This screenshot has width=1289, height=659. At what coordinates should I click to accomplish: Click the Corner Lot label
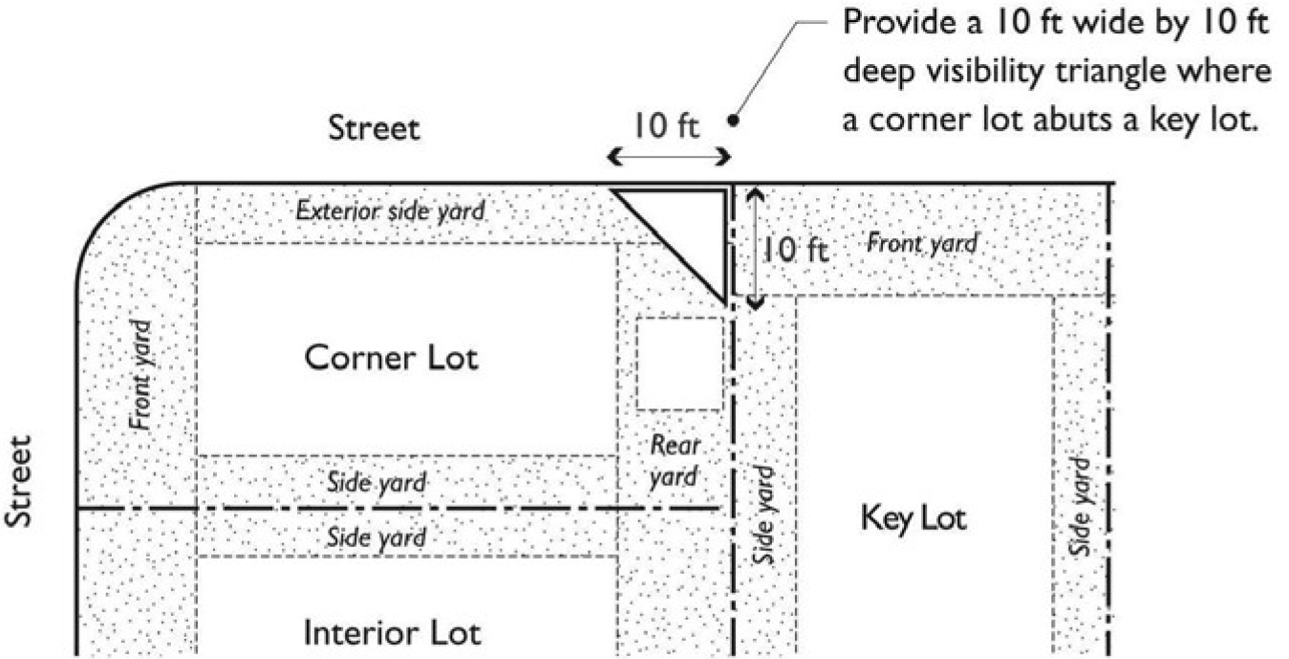click(391, 359)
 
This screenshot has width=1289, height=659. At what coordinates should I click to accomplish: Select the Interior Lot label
click(392, 632)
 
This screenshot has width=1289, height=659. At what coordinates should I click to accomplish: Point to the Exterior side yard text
click(390, 209)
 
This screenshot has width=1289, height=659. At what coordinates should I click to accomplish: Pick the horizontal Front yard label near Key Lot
click(921, 243)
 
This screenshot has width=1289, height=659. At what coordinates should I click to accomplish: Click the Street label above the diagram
click(374, 129)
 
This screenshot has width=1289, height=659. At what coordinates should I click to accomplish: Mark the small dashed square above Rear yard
click(679, 362)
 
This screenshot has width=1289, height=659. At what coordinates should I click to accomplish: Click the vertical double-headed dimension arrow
click(755, 246)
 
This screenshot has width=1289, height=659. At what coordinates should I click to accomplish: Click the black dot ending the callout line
click(734, 121)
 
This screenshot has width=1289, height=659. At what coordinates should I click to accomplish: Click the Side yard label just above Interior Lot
click(376, 537)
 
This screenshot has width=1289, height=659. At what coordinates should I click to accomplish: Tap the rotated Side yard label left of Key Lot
click(763, 515)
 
